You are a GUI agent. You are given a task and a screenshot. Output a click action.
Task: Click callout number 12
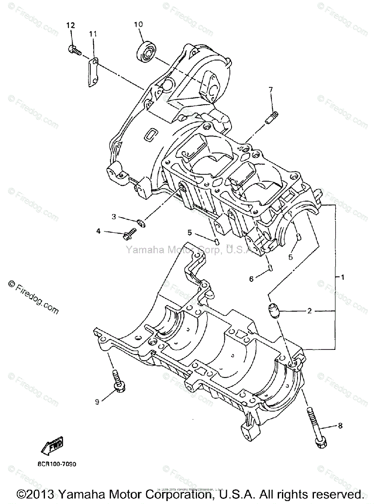point(70,26)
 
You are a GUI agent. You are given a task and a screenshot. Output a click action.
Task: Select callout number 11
point(92,33)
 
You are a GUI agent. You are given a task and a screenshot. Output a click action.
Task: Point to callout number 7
point(271,89)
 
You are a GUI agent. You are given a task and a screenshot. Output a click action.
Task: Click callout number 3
point(114,217)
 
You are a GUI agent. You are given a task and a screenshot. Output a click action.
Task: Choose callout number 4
point(98,231)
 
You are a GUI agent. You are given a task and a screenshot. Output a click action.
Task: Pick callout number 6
point(252,278)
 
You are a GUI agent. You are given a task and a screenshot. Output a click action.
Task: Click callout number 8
point(340,426)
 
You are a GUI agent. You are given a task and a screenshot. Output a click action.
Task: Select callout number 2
point(321,311)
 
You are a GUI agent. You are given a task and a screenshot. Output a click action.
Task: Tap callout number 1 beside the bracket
point(342,277)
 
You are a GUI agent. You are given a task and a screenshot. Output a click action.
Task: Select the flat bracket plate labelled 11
point(93,72)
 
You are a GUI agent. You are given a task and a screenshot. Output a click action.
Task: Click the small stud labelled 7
point(272,117)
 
